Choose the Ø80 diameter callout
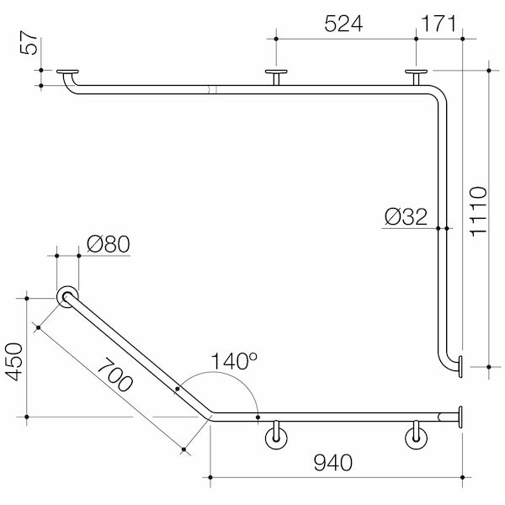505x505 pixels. [x=107, y=246]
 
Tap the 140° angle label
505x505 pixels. [x=235, y=362]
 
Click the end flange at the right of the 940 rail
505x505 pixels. [x=460, y=416]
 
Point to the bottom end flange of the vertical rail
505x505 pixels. [x=460, y=365]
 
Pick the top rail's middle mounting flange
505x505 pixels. [x=275, y=73]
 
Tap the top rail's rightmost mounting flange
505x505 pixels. [x=414, y=73]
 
